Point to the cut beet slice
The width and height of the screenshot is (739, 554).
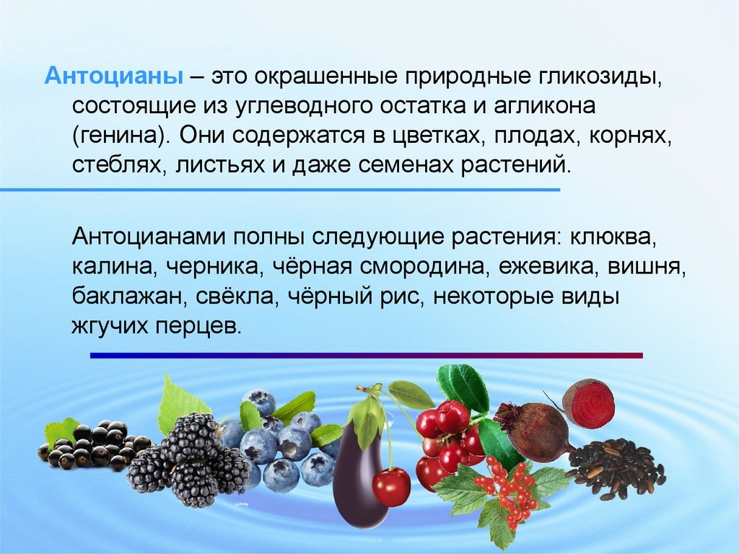[588, 404]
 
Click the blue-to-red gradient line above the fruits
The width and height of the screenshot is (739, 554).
[366, 356]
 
